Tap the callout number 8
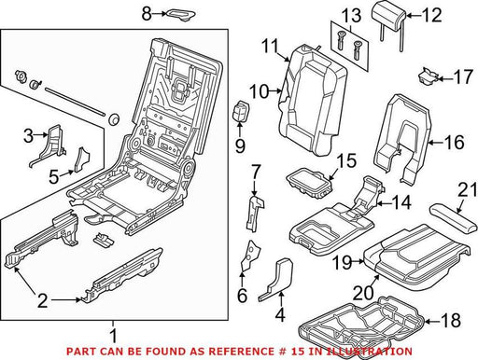click(147, 14)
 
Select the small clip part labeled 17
click(429, 76)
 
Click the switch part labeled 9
click(240, 111)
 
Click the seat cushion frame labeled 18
click(361, 324)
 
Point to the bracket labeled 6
click(251, 256)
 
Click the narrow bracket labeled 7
click(255, 213)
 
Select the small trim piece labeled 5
click(81, 159)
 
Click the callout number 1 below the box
click(114, 336)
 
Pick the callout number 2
click(42, 300)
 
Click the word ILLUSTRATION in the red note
click(369, 352)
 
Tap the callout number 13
click(352, 16)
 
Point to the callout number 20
click(363, 292)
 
